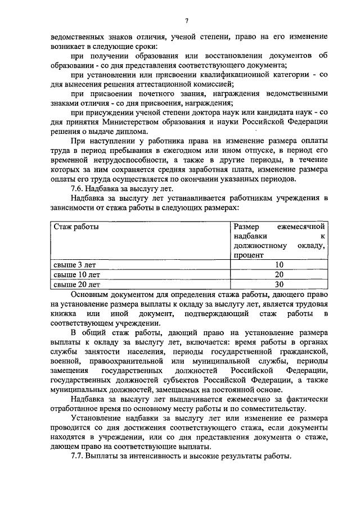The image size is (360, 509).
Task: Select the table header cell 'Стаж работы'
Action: coord(76,227)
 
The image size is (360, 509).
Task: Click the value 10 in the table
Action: coord(279,264)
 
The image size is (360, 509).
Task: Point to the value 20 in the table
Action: coord(279,274)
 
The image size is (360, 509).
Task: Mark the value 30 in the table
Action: coord(279,285)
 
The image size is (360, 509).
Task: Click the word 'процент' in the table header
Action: coord(249,255)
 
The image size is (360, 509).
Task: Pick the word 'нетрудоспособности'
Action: coord(121,160)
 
